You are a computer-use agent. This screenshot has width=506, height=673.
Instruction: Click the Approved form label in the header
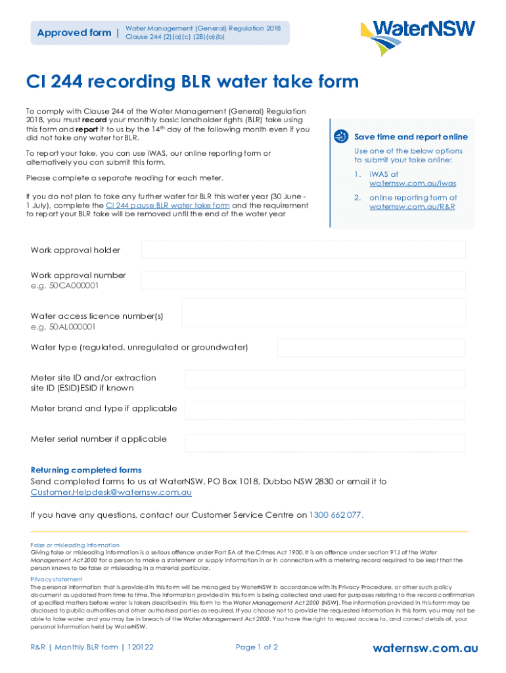(74, 33)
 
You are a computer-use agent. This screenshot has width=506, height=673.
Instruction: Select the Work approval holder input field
(303, 250)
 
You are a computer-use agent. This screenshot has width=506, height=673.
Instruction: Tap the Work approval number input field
(303, 280)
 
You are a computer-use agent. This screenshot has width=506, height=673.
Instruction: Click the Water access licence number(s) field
(323, 313)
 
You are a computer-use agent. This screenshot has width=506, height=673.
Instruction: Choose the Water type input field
(371, 348)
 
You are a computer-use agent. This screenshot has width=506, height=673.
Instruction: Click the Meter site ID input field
(325, 379)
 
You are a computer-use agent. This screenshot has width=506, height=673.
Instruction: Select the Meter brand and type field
(325, 411)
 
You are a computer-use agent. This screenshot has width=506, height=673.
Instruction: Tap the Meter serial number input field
(325, 441)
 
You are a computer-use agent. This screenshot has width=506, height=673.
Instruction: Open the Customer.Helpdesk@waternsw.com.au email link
(111, 492)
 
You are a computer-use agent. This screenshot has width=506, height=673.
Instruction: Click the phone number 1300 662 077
(335, 515)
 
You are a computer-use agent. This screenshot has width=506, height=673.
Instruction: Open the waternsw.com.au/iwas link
(413, 184)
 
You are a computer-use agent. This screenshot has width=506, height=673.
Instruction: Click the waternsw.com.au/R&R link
(412, 207)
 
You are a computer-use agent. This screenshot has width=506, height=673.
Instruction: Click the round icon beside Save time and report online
(340, 137)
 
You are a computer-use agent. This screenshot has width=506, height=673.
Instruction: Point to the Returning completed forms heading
(86, 470)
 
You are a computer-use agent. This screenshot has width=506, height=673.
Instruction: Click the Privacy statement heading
(55, 579)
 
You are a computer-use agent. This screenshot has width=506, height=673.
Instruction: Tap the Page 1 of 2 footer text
(257, 647)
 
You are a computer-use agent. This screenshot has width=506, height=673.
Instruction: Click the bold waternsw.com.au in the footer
(425, 649)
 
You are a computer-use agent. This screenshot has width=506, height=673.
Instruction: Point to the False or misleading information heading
(75, 545)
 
